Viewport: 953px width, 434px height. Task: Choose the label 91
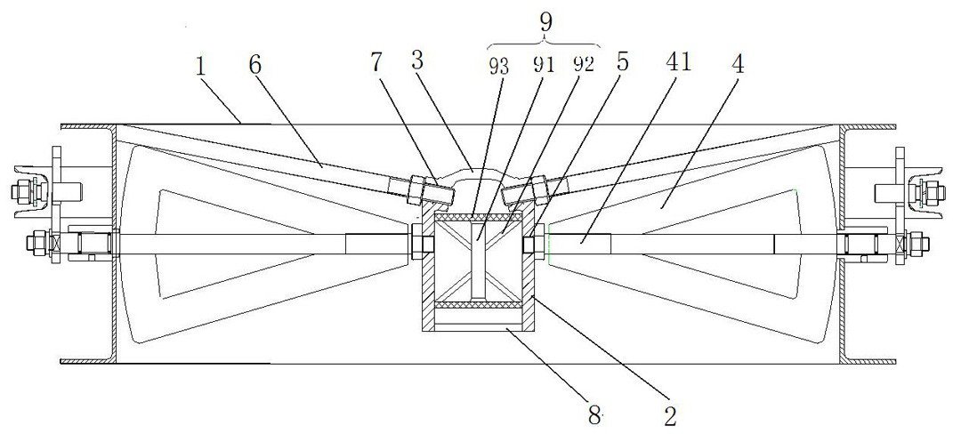tap(544, 64)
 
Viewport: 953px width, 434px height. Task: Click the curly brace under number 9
tap(544, 43)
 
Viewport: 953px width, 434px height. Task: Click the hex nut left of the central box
tap(422, 242)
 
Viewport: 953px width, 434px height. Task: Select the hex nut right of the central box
tap(531, 242)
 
